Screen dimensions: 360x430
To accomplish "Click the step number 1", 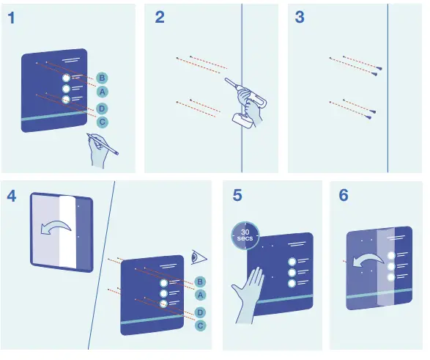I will pos(12,19).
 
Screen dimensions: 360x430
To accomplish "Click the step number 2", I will pos(160,19).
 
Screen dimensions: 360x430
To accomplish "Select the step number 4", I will pos(12,196).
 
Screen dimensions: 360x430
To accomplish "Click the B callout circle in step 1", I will pos(102,78).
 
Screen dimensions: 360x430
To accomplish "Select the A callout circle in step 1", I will pos(102,92).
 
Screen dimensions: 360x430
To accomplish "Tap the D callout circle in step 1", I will pos(102,109).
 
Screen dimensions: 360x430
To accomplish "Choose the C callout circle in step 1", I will pos(102,122).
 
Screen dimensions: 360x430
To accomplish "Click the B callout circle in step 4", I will pos(200,282).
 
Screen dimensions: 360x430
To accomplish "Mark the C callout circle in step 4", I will pos(200,325).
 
